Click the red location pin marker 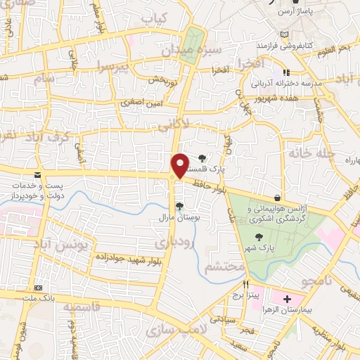[x=181, y=166]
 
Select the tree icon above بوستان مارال [x=180, y=206]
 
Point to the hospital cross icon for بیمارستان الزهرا [x=287, y=299]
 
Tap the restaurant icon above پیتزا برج [x=246, y=285]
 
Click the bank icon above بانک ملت [x=38, y=288]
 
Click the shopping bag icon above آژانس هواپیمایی [x=278, y=198]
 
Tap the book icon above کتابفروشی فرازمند [x=284, y=34]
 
